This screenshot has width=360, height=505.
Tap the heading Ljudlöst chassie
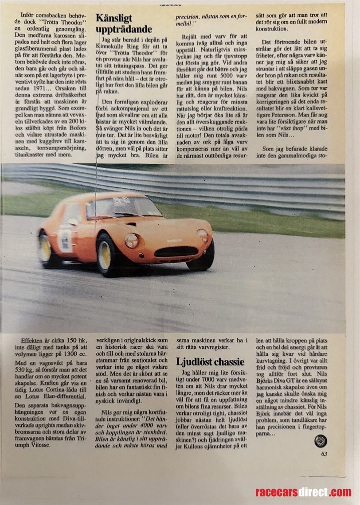[x=210, y=362]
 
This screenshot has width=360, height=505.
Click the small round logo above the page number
[x=321, y=441]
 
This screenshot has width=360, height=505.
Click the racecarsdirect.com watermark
[x=303, y=492]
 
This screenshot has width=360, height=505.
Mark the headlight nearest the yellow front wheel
[x=131, y=241]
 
